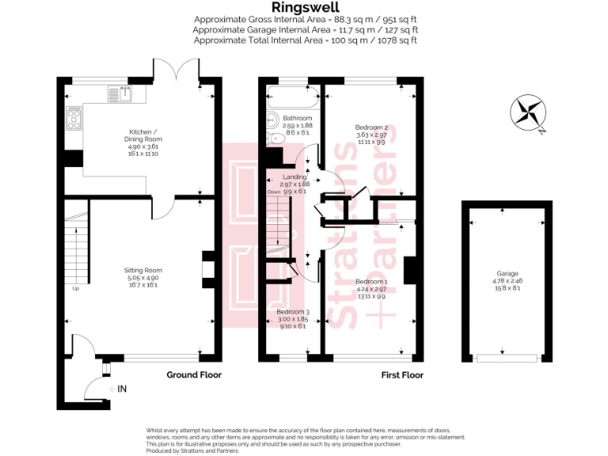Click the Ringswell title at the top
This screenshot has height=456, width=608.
[305, 7]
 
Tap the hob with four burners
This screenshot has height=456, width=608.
[74, 119]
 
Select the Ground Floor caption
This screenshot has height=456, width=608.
[194, 375]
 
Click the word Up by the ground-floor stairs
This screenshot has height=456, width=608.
[76, 288]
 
